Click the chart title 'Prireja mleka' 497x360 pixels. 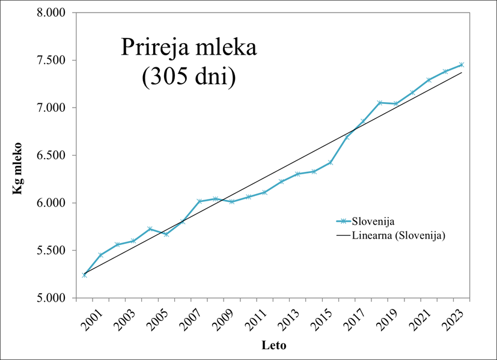click(x=189, y=48)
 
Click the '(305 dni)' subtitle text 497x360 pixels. click(x=189, y=79)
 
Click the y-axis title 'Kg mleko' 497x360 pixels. click(x=17, y=168)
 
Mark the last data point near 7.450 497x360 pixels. click(x=461, y=65)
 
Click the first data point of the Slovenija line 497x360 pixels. click(x=85, y=275)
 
